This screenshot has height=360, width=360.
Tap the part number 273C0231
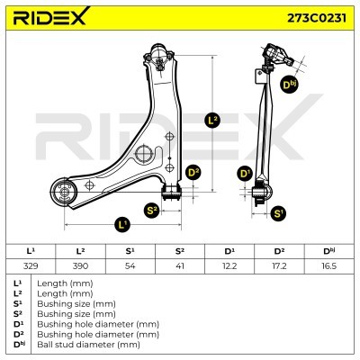(x=317, y=18)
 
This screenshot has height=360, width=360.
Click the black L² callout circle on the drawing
(x=212, y=121)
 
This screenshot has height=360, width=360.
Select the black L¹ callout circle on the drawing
(x=122, y=224)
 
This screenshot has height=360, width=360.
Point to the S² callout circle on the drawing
(x=152, y=211)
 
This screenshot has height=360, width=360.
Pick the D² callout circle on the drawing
(x=193, y=173)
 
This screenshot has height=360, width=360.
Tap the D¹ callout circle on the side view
(x=246, y=174)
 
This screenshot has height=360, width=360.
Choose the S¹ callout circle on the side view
(x=278, y=213)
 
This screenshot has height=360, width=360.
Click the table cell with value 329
(x=31, y=265)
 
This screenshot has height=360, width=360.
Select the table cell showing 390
(x=80, y=265)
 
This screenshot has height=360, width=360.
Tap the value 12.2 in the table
(x=229, y=265)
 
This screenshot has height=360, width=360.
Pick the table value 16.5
(x=328, y=265)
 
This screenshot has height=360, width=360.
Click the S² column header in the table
(x=180, y=251)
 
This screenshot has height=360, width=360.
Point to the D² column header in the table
(x=279, y=251)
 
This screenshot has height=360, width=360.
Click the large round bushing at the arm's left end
(x=64, y=193)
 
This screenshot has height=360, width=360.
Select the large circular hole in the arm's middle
(x=144, y=154)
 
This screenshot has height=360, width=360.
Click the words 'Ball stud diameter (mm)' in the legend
(x=88, y=345)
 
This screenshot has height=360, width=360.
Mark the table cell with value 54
(x=130, y=265)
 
